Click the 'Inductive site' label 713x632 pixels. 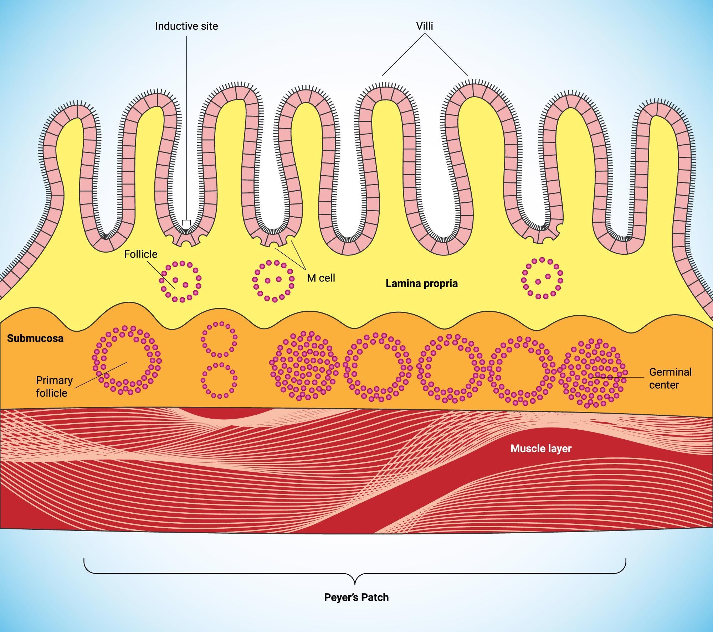pyautogui.click(x=186, y=26)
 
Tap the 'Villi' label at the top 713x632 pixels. pyautogui.click(x=425, y=26)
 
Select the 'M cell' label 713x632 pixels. pyautogui.click(x=321, y=278)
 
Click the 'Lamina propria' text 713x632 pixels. pyautogui.click(x=421, y=284)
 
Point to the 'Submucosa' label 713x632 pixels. pyautogui.click(x=35, y=338)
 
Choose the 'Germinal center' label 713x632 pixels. pyautogui.click(x=670, y=378)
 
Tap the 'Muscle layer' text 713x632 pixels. pyautogui.click(x=541, y=448)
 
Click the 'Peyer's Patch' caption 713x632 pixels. pyautogui.click(x=356, y=597)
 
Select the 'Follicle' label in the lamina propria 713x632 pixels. pyautogui.click(x=140, y=254)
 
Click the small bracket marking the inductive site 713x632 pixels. pyautogui.click(x=186, y=223)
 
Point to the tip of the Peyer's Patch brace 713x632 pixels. pyautogui.click(x=355, y=584)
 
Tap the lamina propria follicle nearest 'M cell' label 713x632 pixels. pyautogui.click(x=273, y=281)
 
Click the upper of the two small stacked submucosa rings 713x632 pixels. pyautogui.click(x=219, y=339)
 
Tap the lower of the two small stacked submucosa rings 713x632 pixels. pyautogui.click(x=219, y=380)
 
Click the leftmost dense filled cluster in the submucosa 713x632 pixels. pyautogui.click(x=303, y=366)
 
